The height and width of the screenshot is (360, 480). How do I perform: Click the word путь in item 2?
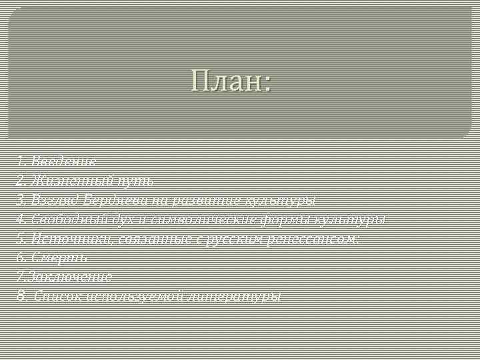point(135,180)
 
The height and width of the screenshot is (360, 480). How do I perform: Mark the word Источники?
point(61,238)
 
